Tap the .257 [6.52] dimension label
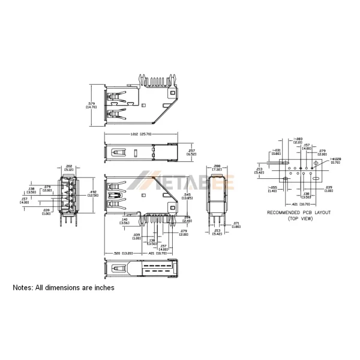(x=191, y=152)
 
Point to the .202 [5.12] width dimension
(x=68, y=167)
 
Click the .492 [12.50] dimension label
(x=93, y=193)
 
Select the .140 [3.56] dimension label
(x=125, y=221)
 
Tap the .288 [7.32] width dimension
(x=217, y=169)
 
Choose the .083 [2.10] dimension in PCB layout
(x=298, y=140)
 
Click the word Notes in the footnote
(x=23, y=288)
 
